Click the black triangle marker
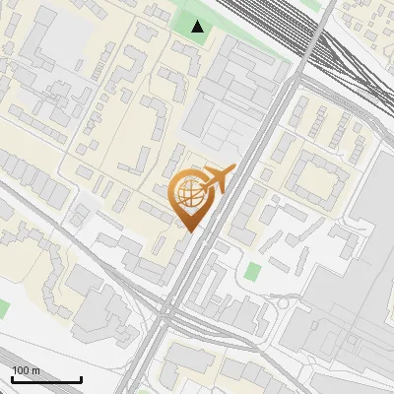click(x=198, y=27)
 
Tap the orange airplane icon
click(x=218, y=178)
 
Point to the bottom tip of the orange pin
click(x=190, y=232)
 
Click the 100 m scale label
click(x=26, y=370)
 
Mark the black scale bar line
click(x=46, y=379)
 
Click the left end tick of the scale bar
click(x=12, y=377)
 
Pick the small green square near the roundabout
click(x=254, y=271)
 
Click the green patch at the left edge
click(x=3, y=308)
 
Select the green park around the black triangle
click(x=187, y=20)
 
